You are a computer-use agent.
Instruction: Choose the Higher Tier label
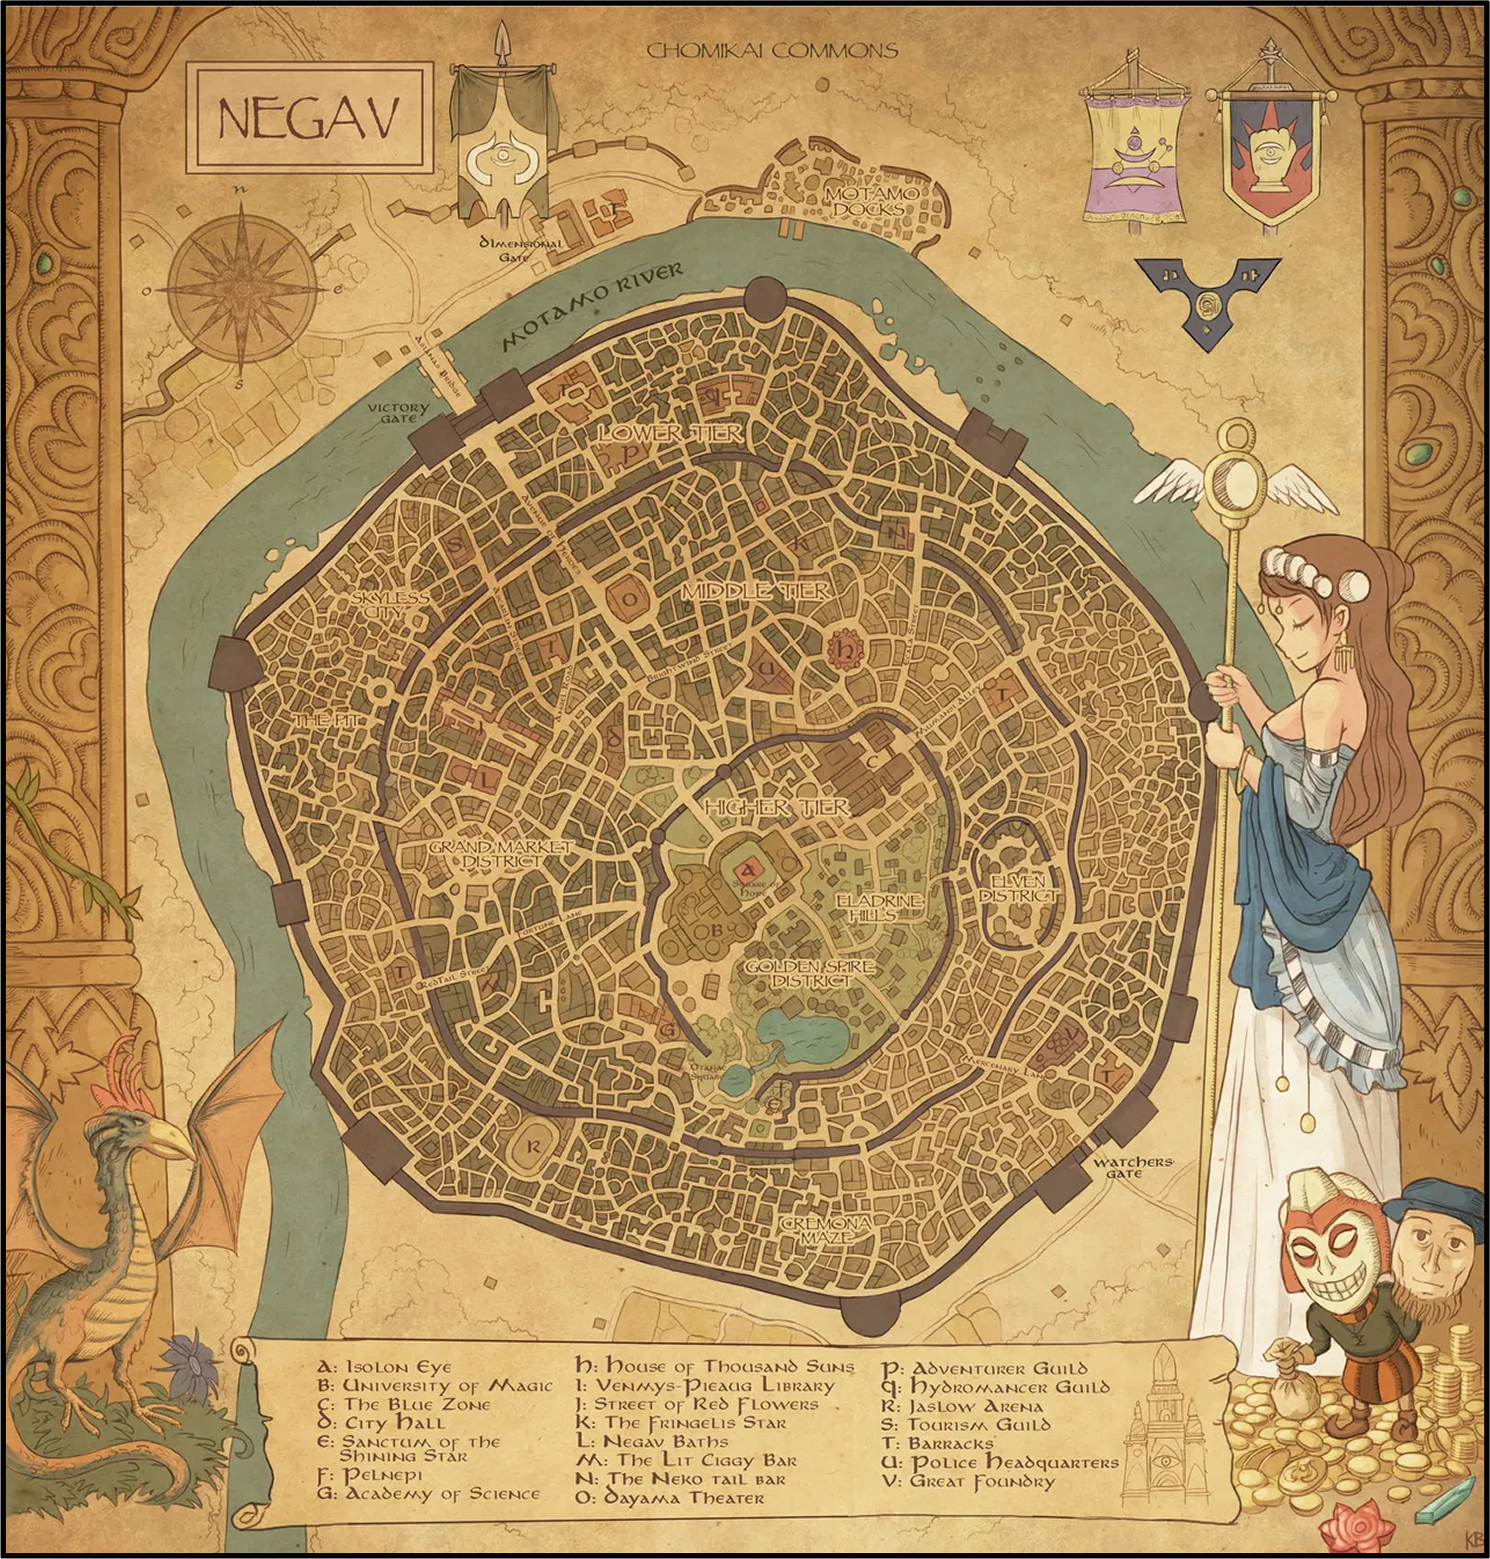[776, 807]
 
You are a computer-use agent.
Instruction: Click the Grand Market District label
[500, 854]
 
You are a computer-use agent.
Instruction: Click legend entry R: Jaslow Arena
[962, 1406]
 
